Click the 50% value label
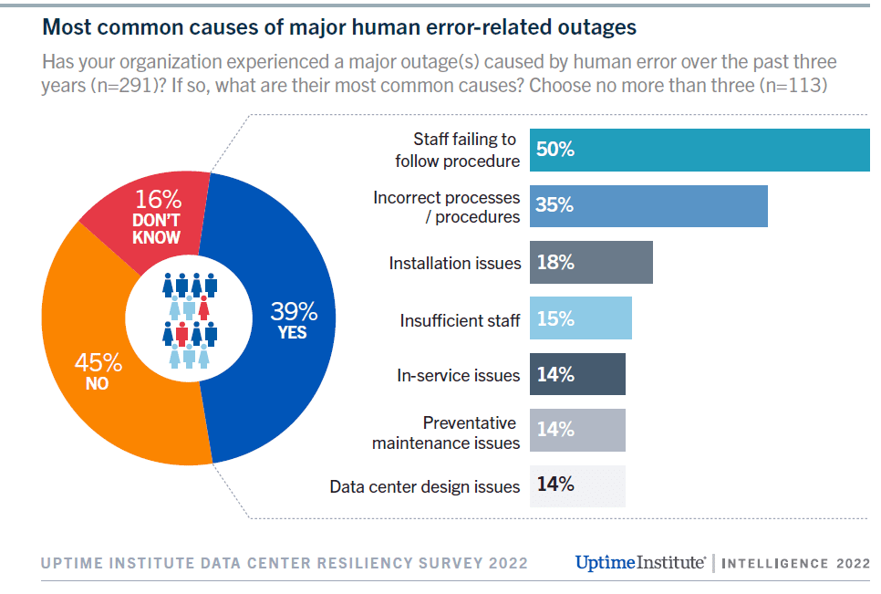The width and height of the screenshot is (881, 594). point(555,151)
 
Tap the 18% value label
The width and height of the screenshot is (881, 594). point(555,263)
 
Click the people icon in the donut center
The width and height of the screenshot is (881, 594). point(190,319)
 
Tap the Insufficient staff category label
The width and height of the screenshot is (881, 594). point(460,320)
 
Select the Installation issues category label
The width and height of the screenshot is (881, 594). point(455,264)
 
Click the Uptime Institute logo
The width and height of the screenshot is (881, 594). point(639,562)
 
